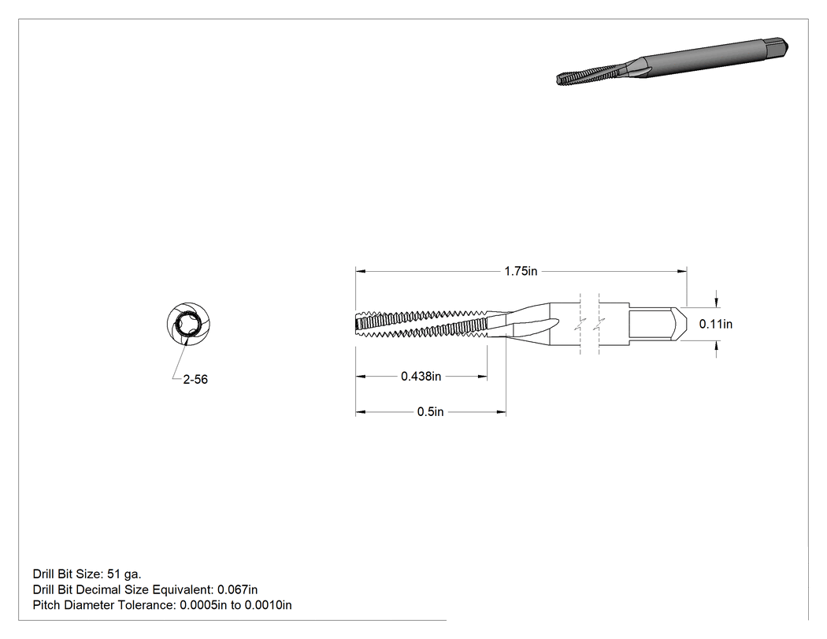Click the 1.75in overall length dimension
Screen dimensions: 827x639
pos(521,271)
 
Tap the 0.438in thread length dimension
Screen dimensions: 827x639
pos(421,376)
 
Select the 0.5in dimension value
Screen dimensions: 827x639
pos(430,411)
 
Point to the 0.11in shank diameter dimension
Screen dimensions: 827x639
pos(716,324)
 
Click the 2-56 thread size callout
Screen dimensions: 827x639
pos(195,380)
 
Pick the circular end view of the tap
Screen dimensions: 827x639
pos(188,325)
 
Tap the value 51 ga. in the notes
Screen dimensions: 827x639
pos(124,574)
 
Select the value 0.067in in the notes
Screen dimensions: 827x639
pos(237,589)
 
